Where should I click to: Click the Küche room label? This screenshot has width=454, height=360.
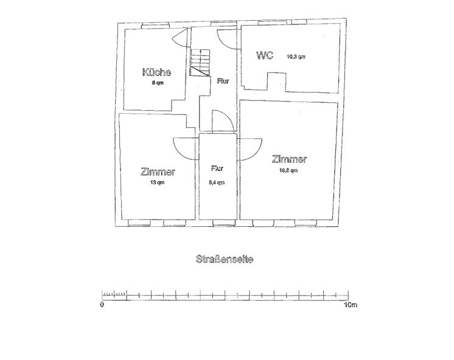(x=156, y=72)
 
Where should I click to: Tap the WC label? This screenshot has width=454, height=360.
(x=265, y=55)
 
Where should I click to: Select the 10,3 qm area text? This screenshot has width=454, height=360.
(x=296, y=57)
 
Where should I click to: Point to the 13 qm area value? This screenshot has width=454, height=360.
(x=157, y=182)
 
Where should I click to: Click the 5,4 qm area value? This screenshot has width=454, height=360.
(x=217, y=182)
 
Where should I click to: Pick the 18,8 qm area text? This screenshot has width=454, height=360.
(x=288, y=170)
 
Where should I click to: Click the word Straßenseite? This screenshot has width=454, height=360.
(x=225, y=259)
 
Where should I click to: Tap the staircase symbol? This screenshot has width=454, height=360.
(x=200, y=63)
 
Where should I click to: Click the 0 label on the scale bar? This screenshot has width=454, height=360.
(x=102, y=305)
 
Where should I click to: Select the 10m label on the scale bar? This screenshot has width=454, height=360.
(x=351, y=305)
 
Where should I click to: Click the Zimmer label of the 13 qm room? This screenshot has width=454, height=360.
(x=158, y=171)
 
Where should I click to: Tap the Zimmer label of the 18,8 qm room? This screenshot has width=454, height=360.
(x=290, y=159)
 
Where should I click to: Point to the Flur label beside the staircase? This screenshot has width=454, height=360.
(x=223, y=81)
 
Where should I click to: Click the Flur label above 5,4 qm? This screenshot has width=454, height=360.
(x=217, y=168)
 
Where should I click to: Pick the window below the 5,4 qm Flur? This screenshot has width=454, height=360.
(x=224, y=223)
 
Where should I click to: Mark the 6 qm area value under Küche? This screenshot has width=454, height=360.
(x=158, y=83)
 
